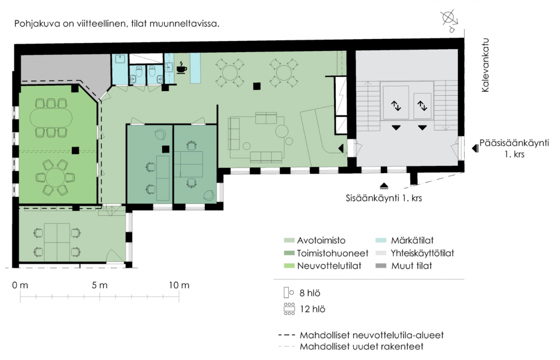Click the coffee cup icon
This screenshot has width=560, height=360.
coord(182,68)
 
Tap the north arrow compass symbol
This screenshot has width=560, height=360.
coord(450,21)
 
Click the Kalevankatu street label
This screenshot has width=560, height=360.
coord(485,65)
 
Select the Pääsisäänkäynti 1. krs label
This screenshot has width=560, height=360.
coord(514,148)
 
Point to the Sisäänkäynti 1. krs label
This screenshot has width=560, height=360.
coord(384,198)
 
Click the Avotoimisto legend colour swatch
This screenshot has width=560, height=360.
coord(289,240)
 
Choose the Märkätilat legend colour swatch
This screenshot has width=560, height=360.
coord(381,240)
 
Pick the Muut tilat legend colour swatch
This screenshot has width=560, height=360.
coord(381,266)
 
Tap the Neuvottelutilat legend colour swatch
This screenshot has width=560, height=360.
coord(289,266)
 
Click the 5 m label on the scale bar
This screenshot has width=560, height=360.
coord(99,285)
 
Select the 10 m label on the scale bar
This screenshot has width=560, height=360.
coord(179,285)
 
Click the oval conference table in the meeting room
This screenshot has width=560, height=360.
coord(51,118)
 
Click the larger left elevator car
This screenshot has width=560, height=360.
coord(396,102)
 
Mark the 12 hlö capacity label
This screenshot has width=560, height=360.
coord(313,309)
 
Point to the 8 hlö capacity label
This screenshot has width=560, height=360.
coord(310,293)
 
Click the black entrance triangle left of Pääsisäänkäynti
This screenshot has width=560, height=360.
coord(475,148)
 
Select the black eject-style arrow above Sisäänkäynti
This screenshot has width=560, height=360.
coord(384,186)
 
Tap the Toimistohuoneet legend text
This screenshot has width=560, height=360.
coord(332,253)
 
